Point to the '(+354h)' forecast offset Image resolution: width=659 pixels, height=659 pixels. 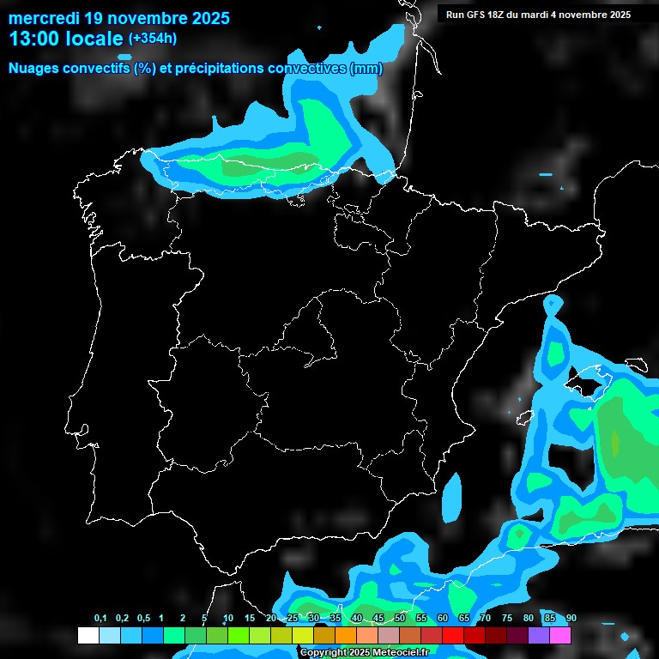(x=153, y=39)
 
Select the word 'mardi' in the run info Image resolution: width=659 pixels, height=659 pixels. (x=547, y=15)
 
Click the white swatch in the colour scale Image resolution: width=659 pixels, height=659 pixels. (x=88, y=636)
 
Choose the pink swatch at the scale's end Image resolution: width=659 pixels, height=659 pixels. (x=560, y=636)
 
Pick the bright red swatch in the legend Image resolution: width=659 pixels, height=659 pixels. (x=453, y=636)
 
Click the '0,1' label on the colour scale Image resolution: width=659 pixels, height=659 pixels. (x=100, y=619)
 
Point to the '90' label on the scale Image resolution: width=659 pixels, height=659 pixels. (x=571, y=619)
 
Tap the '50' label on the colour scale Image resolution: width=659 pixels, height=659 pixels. (x=400, y=619)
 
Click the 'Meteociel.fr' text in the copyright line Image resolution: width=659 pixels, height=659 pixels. (x=401, y=653)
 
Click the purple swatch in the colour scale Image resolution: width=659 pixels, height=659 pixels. (x=539, y=636)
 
